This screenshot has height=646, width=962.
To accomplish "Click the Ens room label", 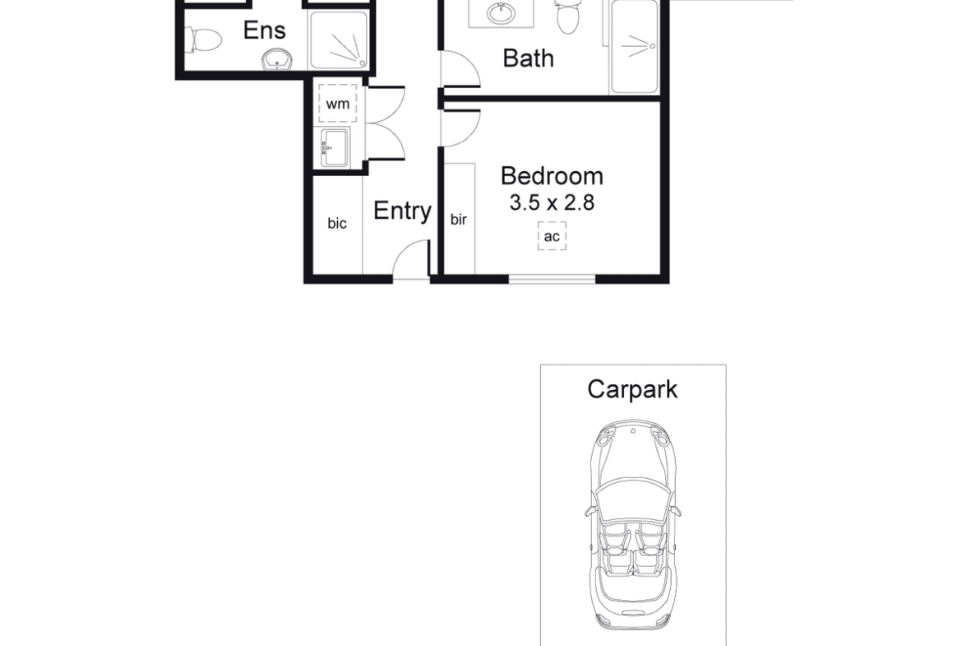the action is point(265,30).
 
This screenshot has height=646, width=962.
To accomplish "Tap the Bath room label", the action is point(528,58).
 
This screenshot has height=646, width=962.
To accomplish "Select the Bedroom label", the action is point(552,176).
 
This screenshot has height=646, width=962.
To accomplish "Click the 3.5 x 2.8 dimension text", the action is point(552,202).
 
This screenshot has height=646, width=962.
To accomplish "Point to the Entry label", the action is point(402,211).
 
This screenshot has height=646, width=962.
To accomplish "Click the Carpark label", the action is point(632,389).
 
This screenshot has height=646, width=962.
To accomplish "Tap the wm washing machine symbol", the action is point(337,103).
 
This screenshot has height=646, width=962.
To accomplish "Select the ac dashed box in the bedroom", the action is point(552,236).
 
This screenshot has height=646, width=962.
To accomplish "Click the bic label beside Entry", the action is point(337,224).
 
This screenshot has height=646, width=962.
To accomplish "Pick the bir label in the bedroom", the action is point(458,219).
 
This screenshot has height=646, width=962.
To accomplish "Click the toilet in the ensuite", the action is point(204,40).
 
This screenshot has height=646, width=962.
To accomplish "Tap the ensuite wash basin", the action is point(277,60).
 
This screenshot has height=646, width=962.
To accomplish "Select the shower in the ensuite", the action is point(339,40).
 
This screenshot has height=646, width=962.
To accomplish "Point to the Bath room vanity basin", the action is point(502,12).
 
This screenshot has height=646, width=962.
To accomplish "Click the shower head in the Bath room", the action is point(652,46).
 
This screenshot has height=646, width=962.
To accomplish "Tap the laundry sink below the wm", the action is point(335,147).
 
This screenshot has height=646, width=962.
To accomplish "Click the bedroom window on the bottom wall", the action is point(553,280).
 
